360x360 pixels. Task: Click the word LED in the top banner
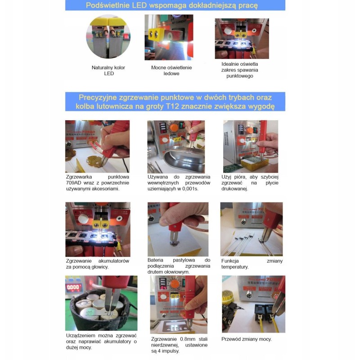point(139,5)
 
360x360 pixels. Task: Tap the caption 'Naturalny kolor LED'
point(108,71)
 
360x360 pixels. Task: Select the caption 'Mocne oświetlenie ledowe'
point(171,71)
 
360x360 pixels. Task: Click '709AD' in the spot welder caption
point(73,183)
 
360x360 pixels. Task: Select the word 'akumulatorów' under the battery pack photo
point(114,261)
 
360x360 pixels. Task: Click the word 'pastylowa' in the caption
point(184,260)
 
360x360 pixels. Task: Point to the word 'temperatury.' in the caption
point(235,267)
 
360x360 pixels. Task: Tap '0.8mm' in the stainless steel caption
point(188,339)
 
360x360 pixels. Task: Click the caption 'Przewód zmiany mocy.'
point(247,339)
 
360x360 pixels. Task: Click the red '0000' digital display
point(73,287)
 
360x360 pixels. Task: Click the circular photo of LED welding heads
point(108,37)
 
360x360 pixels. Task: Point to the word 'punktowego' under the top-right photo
point(240,76)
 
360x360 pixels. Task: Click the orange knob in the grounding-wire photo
point(174,128)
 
